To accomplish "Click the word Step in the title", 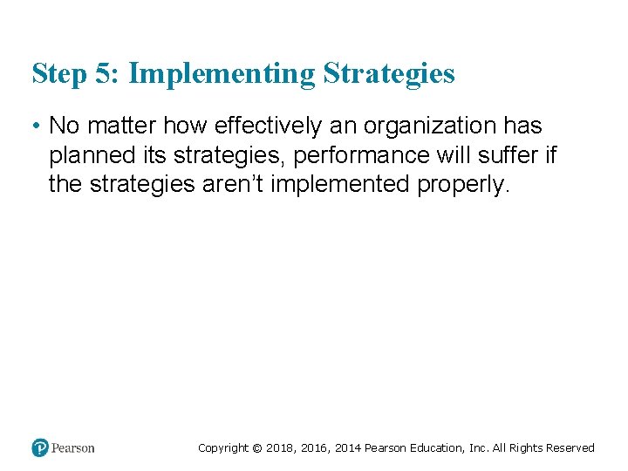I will point(57,74).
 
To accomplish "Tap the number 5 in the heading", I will point(103,74).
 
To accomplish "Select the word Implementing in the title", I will point(221,74).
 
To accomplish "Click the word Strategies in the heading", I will point(389,74).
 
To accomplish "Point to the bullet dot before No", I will point(36,126).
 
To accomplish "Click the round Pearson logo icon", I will point(40,447).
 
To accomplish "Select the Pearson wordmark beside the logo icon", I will point(73,448).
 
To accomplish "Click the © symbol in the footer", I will point(256,448).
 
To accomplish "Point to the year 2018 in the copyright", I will point(278,448).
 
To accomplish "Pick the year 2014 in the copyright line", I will point(345,448).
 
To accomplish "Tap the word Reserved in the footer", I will point(570,448).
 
